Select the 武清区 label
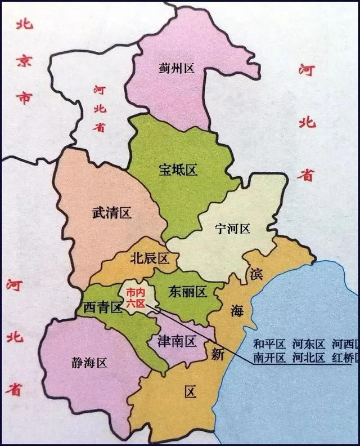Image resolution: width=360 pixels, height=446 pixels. (x=111, y=213)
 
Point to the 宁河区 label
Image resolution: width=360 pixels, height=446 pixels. (x=232, y=228)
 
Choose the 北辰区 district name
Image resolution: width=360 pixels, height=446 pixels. (x=149, y=258)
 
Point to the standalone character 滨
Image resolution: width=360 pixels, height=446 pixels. (x=256, y=274)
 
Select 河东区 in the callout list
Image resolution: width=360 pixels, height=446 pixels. (x=309, y=344)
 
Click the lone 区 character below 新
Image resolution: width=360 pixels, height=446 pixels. (x=190, y=392)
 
